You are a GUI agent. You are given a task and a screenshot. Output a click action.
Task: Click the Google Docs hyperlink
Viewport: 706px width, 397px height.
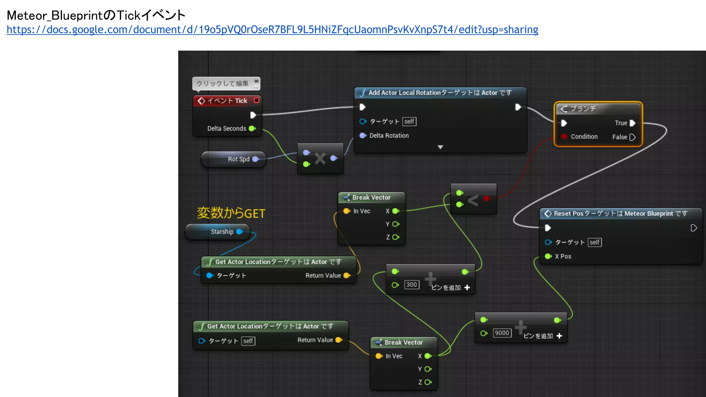coord(272,30)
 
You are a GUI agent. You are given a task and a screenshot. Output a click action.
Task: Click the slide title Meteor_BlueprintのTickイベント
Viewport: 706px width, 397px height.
coord(96,15)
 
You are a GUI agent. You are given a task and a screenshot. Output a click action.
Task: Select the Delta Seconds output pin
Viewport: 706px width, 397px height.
coord(252,129)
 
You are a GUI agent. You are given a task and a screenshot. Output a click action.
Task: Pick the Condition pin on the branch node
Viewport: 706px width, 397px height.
coord(564,136)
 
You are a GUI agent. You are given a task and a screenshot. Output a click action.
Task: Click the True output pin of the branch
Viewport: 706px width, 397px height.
coord(632,123)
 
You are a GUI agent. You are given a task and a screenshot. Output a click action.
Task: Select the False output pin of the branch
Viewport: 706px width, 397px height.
coord(632,137)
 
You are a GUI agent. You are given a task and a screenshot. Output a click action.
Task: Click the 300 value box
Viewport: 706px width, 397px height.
coord(412,285)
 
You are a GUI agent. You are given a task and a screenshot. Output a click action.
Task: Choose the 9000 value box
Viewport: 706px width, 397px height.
coord(502,333)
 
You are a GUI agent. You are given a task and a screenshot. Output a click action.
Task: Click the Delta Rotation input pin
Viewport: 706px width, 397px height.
coord(363,135)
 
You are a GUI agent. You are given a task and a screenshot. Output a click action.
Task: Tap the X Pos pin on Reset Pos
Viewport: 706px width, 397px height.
coord(548,256)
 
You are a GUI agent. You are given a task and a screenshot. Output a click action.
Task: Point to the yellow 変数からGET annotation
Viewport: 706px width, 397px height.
coord(231,213)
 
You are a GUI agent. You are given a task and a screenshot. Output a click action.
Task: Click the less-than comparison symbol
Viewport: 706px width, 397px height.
coord(473,200)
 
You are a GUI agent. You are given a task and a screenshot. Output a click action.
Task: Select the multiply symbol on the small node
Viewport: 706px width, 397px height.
coord(320,159)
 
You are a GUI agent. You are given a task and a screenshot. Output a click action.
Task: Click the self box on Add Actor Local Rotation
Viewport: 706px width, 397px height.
coord(409,122)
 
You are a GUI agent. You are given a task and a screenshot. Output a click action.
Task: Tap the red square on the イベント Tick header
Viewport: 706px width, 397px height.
coord(256,100)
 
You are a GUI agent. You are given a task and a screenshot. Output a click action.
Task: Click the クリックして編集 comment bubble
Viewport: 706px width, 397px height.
coord(223,83)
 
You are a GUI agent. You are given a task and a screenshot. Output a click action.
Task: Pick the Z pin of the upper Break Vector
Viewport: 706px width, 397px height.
coord(396,237)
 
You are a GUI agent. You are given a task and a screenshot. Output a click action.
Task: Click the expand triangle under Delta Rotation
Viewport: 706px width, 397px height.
coord(440,147)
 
